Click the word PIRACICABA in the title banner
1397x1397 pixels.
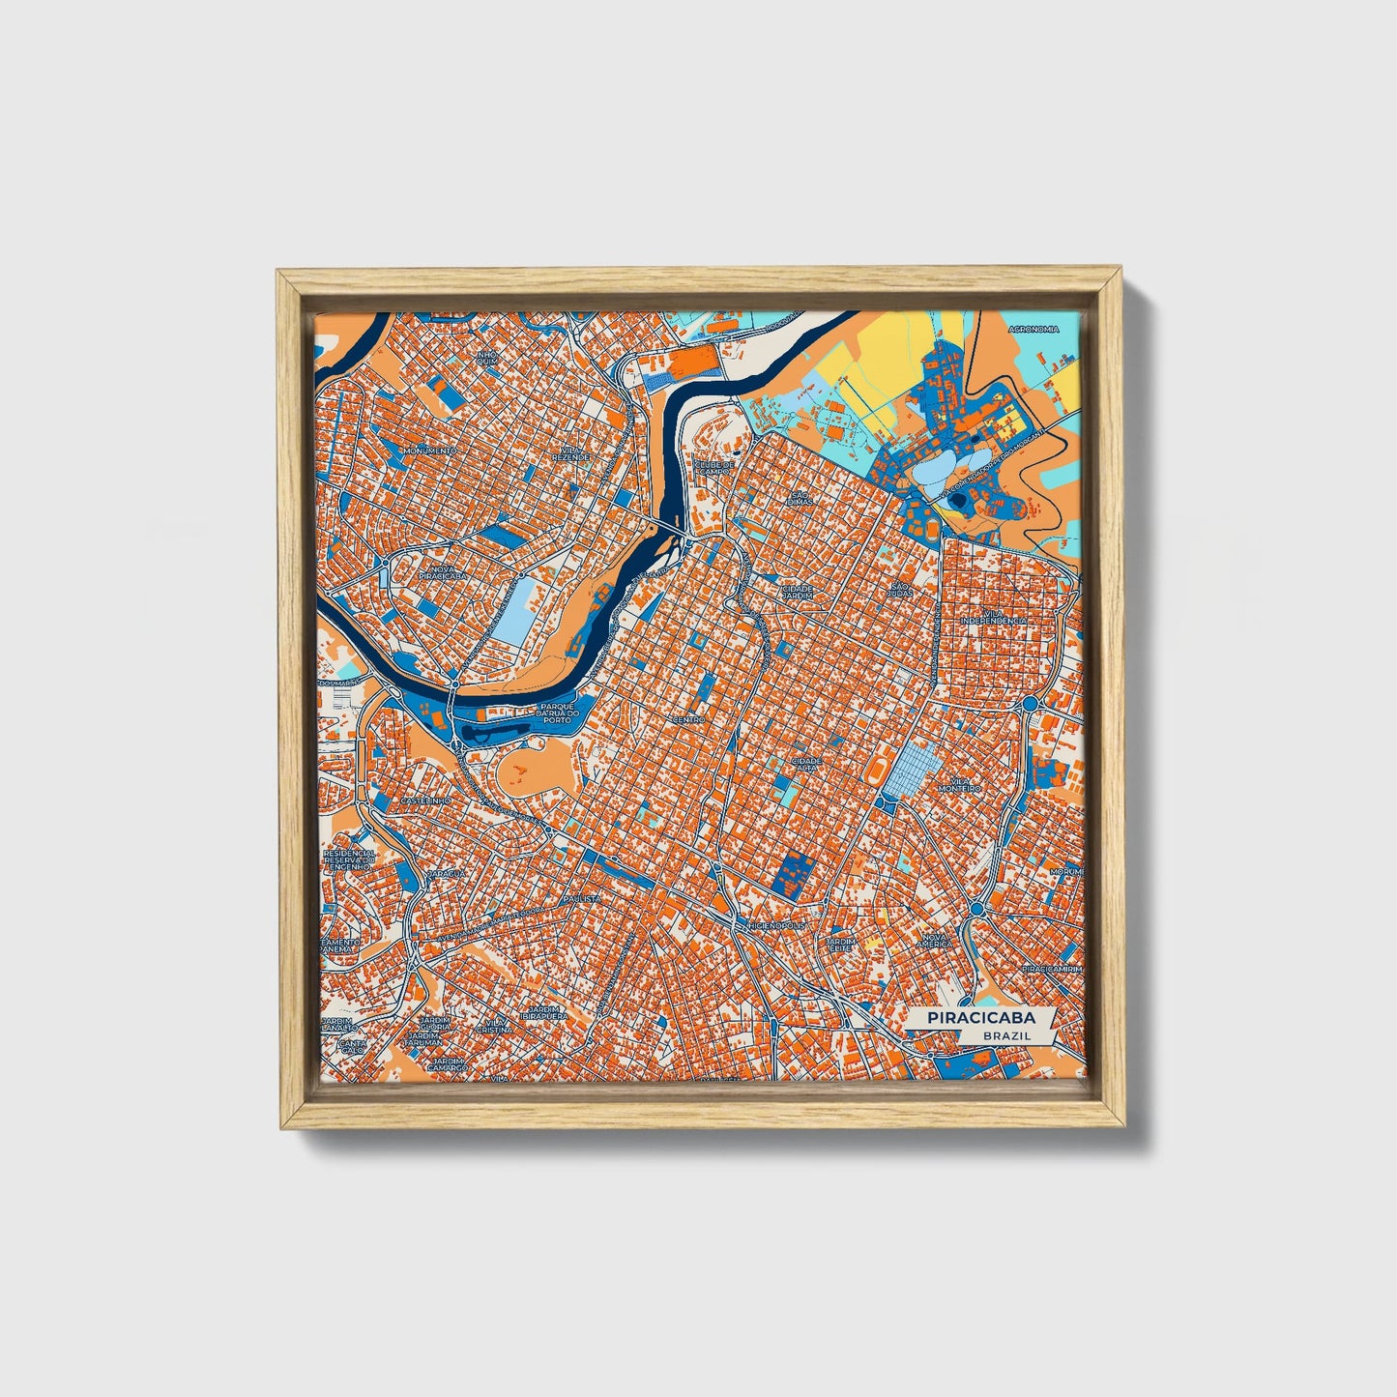click(x=980, y=1018)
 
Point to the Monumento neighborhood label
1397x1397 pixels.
click(x=429, y=451)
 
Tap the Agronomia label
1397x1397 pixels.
click(x=1033, y=329)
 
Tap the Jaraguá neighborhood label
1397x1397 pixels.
click(x=447, y=872)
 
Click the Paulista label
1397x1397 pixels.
click(x=586, y=898)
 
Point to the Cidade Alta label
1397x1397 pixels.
click(x=806, y=764)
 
